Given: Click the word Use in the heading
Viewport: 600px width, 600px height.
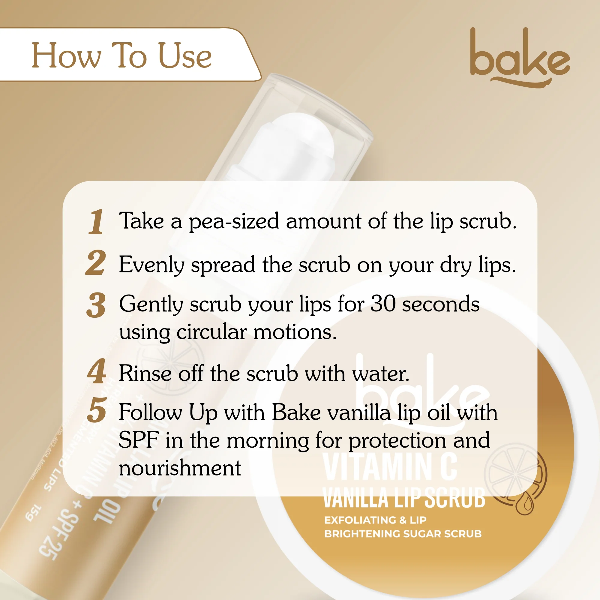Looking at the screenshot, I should point(185,56).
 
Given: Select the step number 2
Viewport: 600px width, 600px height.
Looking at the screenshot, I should point(96,263).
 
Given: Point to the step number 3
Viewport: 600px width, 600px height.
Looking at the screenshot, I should point(96,305).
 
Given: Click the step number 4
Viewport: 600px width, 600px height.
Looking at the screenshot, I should point(97,371).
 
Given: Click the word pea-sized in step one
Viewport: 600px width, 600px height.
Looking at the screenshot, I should point(234,222).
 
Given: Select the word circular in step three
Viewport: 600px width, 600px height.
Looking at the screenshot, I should point(211,332).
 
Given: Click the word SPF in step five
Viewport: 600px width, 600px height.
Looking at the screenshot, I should point(139,440).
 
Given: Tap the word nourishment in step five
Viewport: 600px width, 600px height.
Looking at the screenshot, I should point(180,468).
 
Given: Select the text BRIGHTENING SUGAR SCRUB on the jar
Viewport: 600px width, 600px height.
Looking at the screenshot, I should point(403,534).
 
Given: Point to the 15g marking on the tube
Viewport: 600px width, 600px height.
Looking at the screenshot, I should point(34,514).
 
